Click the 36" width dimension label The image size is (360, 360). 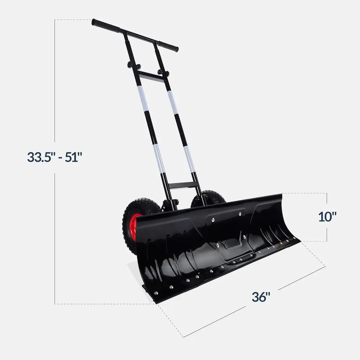click(x=261, y=297)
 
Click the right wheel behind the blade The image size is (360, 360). click(x=209, y=199)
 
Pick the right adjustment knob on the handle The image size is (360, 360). click(x=163, y=73)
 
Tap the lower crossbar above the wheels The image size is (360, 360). click(x=184, y=185)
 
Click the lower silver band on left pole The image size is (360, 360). click(x=159, y=158)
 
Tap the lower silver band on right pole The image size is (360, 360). click(x=189, y=158)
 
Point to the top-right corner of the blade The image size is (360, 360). click(x=281, y=195)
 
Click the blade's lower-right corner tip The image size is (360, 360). click(x=298, y=239)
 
